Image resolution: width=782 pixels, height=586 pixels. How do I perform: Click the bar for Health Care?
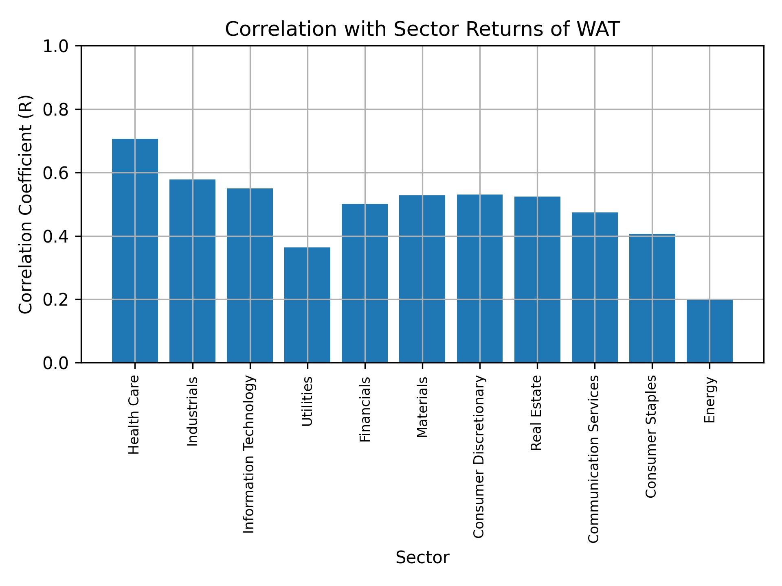(135, 250)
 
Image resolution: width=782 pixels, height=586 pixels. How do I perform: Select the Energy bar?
(710, 331)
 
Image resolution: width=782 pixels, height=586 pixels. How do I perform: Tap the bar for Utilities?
(307, 304)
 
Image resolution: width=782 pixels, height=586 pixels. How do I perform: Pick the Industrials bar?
(192, 271)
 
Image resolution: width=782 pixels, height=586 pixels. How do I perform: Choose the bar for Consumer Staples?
(652, 298)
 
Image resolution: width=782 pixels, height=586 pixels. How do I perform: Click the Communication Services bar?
(595, 287)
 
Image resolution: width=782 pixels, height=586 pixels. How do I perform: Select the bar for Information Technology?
(250, 275)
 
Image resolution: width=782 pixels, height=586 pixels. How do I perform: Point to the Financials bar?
(365, 283)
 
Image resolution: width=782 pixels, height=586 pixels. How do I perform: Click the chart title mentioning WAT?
(422, 29)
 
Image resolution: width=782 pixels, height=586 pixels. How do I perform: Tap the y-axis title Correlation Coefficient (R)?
(25, 204)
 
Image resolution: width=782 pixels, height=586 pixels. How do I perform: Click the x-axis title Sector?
(422, 558)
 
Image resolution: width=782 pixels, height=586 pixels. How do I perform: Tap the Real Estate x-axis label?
(536, 413)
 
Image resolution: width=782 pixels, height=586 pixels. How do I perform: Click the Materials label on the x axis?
(422, 407)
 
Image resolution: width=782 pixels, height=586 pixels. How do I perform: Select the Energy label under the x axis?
(710, 400)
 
